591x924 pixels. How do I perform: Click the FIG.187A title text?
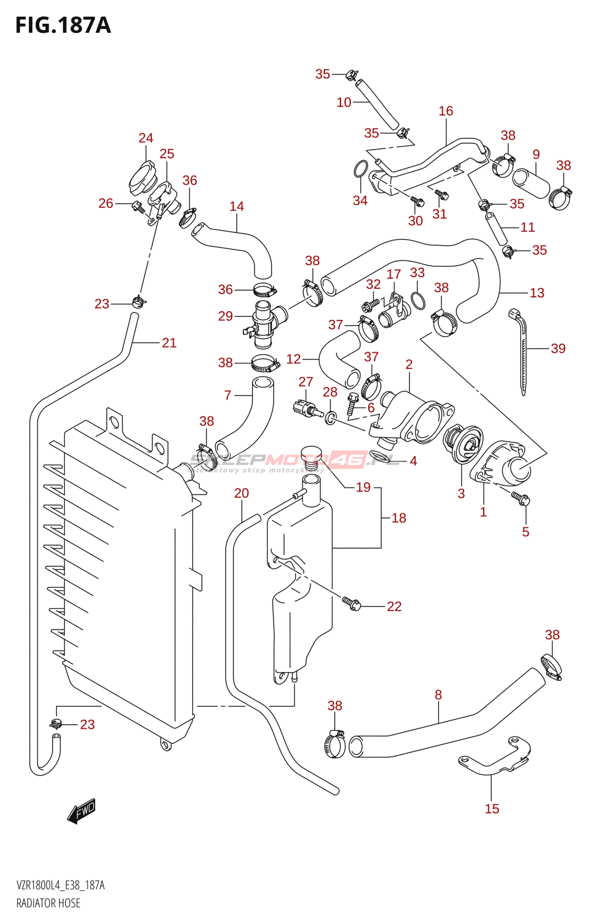click(x=63, y=26)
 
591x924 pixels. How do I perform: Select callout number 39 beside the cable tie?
click(x=558, y=348)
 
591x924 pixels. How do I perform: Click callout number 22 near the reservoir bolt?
click(x=394, y=606)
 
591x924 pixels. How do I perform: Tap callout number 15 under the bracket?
click(x=492, y=808)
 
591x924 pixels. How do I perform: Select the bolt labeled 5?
click(x=522, y=498)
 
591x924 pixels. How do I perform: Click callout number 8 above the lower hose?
click(x=438, y=695)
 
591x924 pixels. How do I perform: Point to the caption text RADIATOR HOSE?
click(x=48, y=903)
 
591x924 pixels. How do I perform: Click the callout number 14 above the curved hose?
click(x=237, y=206)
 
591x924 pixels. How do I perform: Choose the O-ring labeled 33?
click(x=418, y=301)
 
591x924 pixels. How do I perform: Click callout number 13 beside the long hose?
click(x=537, y=293)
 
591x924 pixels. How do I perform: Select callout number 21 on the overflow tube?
click(x=169, y=342)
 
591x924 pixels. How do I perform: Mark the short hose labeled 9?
click(x=531, y=183)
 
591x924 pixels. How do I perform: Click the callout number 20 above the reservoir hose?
click(x=241, y=493)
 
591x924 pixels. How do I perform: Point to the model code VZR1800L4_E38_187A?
click(x=61, y=885)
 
